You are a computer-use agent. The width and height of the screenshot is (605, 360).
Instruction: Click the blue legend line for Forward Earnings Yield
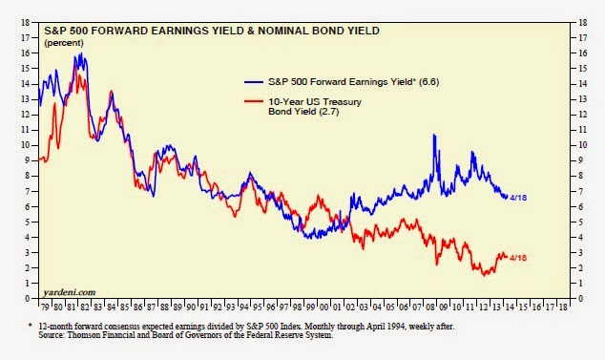pyautogui.click(x=258, y=81)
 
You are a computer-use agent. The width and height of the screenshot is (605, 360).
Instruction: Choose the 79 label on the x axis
pyautogui.click(x=44, y=308)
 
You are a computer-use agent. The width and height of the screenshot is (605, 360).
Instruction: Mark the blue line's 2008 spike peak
pyautogui.click(x=435, y=137)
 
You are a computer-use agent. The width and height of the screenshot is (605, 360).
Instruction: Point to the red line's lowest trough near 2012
pyautogui.click(x=485, y=275)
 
